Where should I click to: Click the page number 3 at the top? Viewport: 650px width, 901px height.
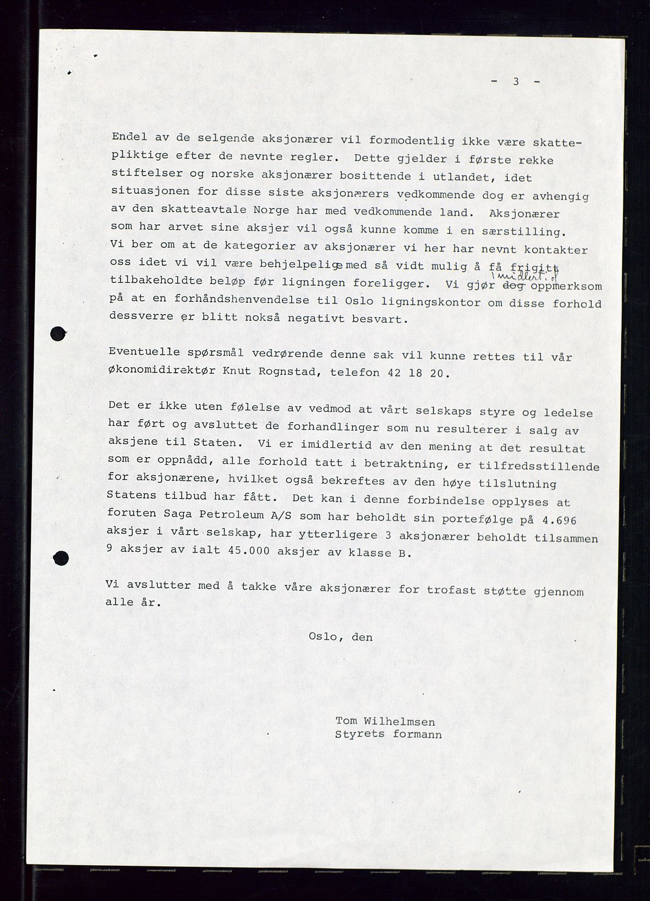tap(516, 82)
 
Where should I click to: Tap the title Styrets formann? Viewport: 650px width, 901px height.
tap(388, 735)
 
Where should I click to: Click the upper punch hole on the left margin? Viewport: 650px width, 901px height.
tap(58, 333)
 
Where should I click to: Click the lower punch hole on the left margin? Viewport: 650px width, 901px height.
tap(61, 558)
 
